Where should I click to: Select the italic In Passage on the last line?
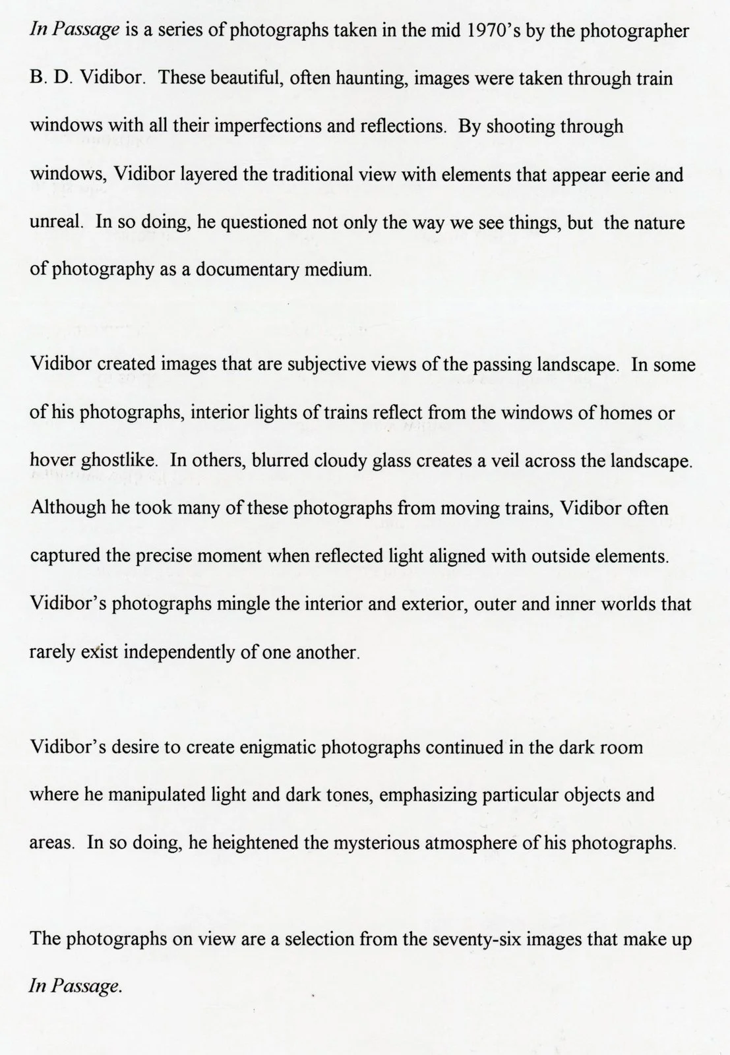tap(76, 987)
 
